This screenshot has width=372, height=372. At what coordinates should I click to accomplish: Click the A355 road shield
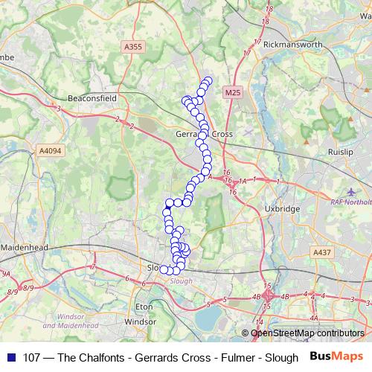pos(132,46)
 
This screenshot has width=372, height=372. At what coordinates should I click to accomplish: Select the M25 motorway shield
pos(232,92)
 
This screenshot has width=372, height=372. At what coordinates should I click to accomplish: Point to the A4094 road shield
pos(51,150)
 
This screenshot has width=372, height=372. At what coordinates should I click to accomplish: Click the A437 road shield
pos(322,253)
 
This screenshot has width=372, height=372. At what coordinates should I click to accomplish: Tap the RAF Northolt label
pos(350,200)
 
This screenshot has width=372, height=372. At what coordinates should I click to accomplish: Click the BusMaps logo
pos(337,356)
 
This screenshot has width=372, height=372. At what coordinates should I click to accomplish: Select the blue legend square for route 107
pos(10,357)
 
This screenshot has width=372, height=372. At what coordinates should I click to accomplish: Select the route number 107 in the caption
pos(32,357)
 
